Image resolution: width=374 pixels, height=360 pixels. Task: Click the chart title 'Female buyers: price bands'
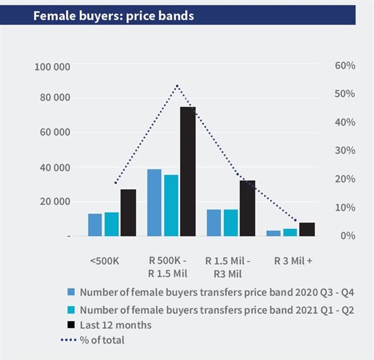(x=114, y=16)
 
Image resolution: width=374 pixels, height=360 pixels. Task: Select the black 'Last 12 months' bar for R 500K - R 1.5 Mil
(x=188, y=171)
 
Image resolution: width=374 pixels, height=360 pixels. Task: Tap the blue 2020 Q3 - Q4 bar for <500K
(x=95, y=225)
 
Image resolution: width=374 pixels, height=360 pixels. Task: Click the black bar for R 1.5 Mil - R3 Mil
(x=247, y=208)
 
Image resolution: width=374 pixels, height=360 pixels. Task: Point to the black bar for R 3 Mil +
(x=307, y=229)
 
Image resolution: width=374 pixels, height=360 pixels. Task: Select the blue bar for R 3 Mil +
(x=273, y=233)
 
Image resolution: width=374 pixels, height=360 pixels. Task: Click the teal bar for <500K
(x=111, y=224)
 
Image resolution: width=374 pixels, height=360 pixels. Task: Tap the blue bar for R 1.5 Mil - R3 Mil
(x=214, y=222)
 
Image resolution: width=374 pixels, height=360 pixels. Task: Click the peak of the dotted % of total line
(x=177, y=86)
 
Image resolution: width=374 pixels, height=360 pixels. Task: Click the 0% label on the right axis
(x=346, y=235)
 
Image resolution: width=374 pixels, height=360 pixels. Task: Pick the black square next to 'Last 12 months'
(x=71, y=325)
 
